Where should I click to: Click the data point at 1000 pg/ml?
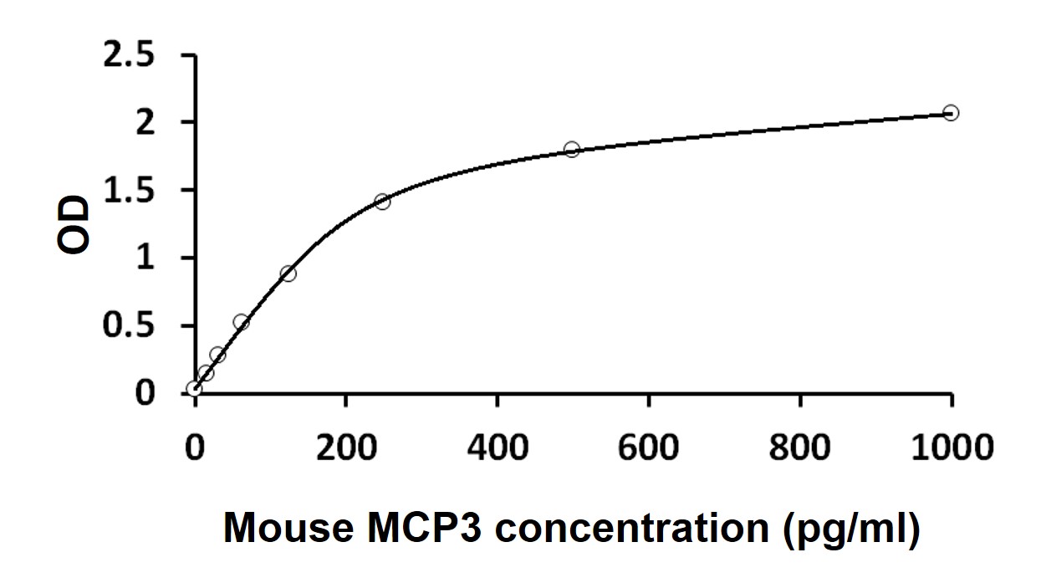tap(951, 113)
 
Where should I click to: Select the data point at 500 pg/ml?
tap(572, 149)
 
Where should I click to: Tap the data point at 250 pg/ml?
tap(383, 202)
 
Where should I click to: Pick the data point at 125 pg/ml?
tap(288, 274)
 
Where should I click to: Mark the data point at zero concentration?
tap(194, 389)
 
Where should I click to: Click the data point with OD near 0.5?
tap(242, 322)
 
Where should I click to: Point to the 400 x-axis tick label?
tap(498, 447)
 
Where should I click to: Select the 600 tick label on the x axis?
tap(649, 447)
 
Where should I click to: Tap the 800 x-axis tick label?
tap(800, 447)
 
